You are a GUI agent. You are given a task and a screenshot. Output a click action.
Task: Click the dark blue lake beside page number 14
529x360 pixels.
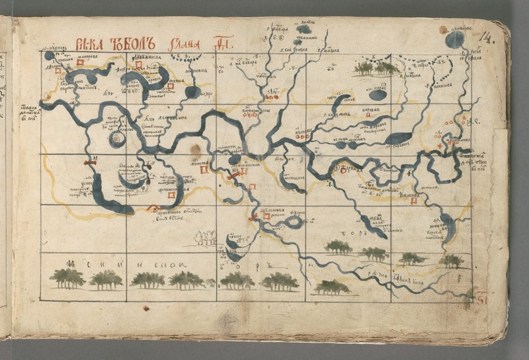click(x=455, y=40)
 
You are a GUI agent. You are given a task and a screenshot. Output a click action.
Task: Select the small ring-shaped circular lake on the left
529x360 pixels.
click(x=118, y=140)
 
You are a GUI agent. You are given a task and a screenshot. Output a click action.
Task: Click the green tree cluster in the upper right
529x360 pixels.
click(x=374, y=67)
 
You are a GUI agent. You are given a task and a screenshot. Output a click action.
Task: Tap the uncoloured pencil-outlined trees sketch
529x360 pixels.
click(x=207, y=238)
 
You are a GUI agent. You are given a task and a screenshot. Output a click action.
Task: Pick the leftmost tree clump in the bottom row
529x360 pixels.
click(x=67, y=279)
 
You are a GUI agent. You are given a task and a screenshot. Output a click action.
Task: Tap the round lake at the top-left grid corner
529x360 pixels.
click(x=50, y=56)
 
